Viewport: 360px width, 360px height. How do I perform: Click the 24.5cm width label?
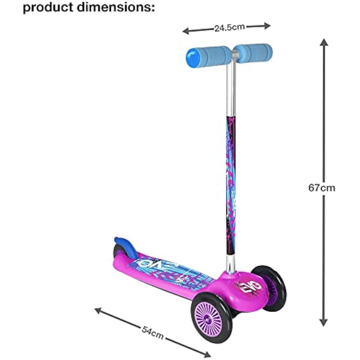pyautogui.click(x=226, y=27)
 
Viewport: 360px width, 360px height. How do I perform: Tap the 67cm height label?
pyautogui.click(x=322, y=188)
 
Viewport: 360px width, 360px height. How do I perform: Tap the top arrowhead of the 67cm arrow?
pyautogui.click(x=323, y=42)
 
